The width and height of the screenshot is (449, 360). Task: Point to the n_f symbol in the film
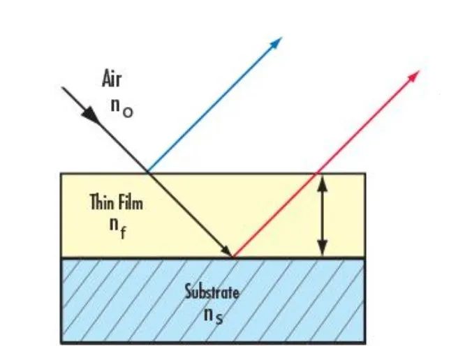(x=117, y=228)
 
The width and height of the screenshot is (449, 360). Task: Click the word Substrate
(x=212, y=291)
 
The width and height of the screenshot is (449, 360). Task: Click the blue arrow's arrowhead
(x=277, y=42)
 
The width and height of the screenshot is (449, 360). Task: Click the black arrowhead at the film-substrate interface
(x=228, y=251)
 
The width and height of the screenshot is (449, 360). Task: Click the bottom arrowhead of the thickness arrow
(x=322, y=250)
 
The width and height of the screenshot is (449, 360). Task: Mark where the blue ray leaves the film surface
(x=148, y=172)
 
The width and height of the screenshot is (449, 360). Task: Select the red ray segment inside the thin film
(x=276, y=213)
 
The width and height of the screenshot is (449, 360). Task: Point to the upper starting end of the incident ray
(x=64, y=87)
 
